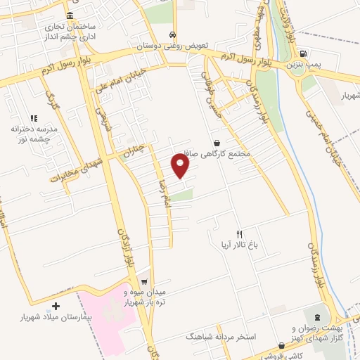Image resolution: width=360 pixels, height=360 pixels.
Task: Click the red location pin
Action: coord(181,167)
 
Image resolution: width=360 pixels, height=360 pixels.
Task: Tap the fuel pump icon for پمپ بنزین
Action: coord(303,53)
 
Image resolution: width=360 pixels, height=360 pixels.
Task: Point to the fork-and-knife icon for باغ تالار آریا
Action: coord(239,234)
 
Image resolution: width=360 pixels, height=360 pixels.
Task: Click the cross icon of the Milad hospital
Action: coord(56,307)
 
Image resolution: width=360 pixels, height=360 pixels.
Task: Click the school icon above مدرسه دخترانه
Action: coord(33,118)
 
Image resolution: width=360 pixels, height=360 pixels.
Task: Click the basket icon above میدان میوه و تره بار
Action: coord(143,278)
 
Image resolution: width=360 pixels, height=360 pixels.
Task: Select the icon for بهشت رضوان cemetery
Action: coord(317,317)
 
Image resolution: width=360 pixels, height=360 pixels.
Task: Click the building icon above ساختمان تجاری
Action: coord(69,15)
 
